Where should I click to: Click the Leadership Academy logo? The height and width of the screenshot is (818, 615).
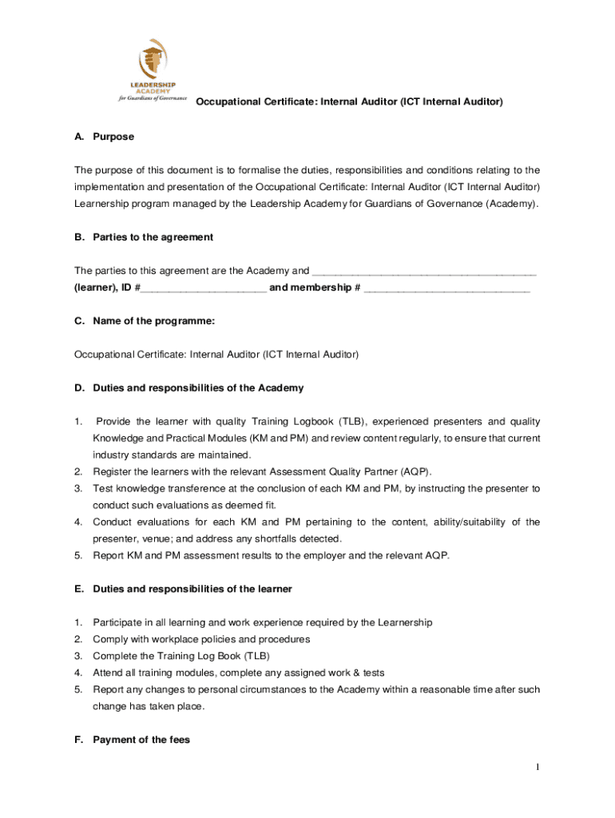click(152, 69)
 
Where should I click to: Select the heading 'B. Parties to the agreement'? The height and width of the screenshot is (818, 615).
click(144, 237)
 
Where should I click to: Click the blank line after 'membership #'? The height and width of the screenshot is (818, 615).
click(446, 288)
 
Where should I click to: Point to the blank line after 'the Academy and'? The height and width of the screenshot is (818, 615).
click(424, 271)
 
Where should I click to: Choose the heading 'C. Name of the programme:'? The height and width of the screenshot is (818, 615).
click(145, 321)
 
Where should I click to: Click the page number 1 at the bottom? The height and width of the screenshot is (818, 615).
click(538, 768)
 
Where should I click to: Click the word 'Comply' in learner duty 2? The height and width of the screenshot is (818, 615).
click(109, 639)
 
